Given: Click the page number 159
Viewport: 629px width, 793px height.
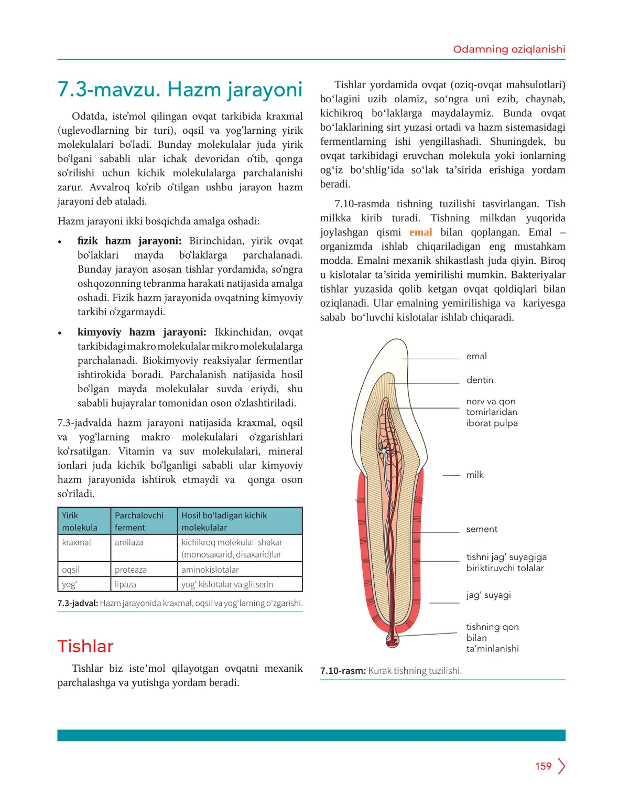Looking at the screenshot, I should (x=543, y=766).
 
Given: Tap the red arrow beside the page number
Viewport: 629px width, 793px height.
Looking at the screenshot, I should (x=561, y=766).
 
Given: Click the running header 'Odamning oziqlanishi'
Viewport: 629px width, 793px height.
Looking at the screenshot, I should (x=509, y=49).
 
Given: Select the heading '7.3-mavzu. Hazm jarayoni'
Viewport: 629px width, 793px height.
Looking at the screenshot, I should (x=180, y=90).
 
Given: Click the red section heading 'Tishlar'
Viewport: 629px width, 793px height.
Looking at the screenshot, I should (x=85, y=646).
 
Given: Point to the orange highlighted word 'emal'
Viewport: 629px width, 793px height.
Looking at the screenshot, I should (x=420, y=232).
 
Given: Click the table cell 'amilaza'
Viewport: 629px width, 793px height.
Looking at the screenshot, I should (x=129, y=542).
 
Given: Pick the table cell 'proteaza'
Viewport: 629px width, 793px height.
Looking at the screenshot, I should (x=131, y=570).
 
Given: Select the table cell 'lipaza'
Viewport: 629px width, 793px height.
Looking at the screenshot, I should (x=125, y=584).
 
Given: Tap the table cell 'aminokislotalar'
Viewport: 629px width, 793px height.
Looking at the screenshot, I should (x=210, y=570).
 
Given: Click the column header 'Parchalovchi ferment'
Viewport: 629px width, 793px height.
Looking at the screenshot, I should (x=139, y=521).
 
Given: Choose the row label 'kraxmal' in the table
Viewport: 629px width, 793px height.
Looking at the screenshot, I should (x=77, y=542).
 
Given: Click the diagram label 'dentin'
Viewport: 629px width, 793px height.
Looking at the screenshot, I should (x=480, y=380).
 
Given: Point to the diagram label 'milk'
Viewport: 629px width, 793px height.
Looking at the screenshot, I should (x=475, y=475).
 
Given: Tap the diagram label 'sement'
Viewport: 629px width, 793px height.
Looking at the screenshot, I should (x=482, y=529).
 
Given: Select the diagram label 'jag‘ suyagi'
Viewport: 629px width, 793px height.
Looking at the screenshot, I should (x=489, y=595).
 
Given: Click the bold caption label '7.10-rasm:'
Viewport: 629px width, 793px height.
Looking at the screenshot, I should (x=343, y=671).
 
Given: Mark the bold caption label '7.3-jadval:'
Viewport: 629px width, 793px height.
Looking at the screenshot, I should (x=78, y=603).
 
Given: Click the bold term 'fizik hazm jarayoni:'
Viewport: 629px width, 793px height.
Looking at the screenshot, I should (x=129, y=241).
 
